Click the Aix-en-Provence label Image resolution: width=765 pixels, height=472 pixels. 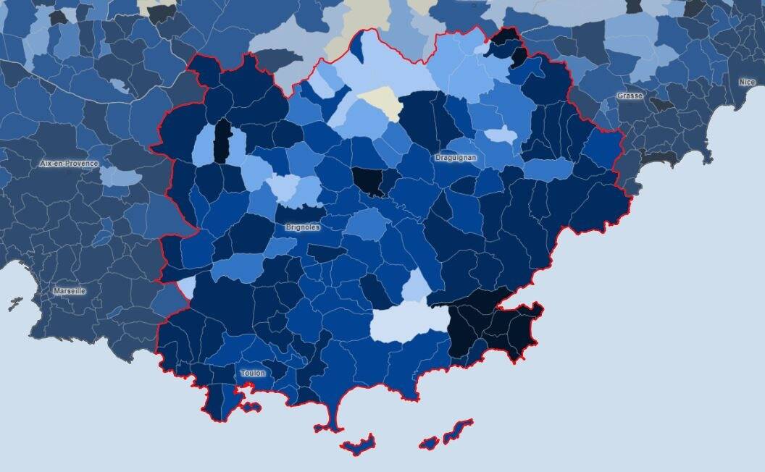point(69,164)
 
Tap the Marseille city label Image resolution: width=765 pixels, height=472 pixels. point(69,291)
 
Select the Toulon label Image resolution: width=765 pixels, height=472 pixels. point(253,373)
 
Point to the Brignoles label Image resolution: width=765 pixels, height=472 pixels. point(303,227)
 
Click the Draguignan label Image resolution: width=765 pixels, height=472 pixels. point(456,157)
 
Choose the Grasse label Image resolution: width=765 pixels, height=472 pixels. point(630,96)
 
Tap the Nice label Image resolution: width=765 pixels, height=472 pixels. point(746,82)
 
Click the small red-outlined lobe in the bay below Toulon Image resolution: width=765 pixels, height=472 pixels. point(251,407)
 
